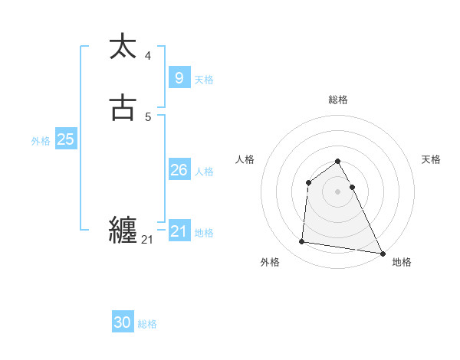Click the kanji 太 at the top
[x=123, y=47]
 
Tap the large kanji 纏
[x=123, y=231]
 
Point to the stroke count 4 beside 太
[x=148, y=55]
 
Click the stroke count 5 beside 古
[x=148, y=117]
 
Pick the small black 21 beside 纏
[x=147, y=240]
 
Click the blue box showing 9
[x=179, y=78]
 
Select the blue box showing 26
[x=179, y=170]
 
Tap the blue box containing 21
[x=179, y=231]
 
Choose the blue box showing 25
[x=65, y=139]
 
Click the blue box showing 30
[x=123, y=322]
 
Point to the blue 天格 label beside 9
[x=204, y=80]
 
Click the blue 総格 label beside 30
[x=147, y=324]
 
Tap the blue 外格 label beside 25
[x=41, y=141]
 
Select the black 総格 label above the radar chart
[x=337, y=100]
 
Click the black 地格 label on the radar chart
[x=402, y=262]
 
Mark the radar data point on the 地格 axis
[x=383, y=254]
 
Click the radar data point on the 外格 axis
[x=302, y=242]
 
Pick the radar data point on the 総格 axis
[x=337, y=162]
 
